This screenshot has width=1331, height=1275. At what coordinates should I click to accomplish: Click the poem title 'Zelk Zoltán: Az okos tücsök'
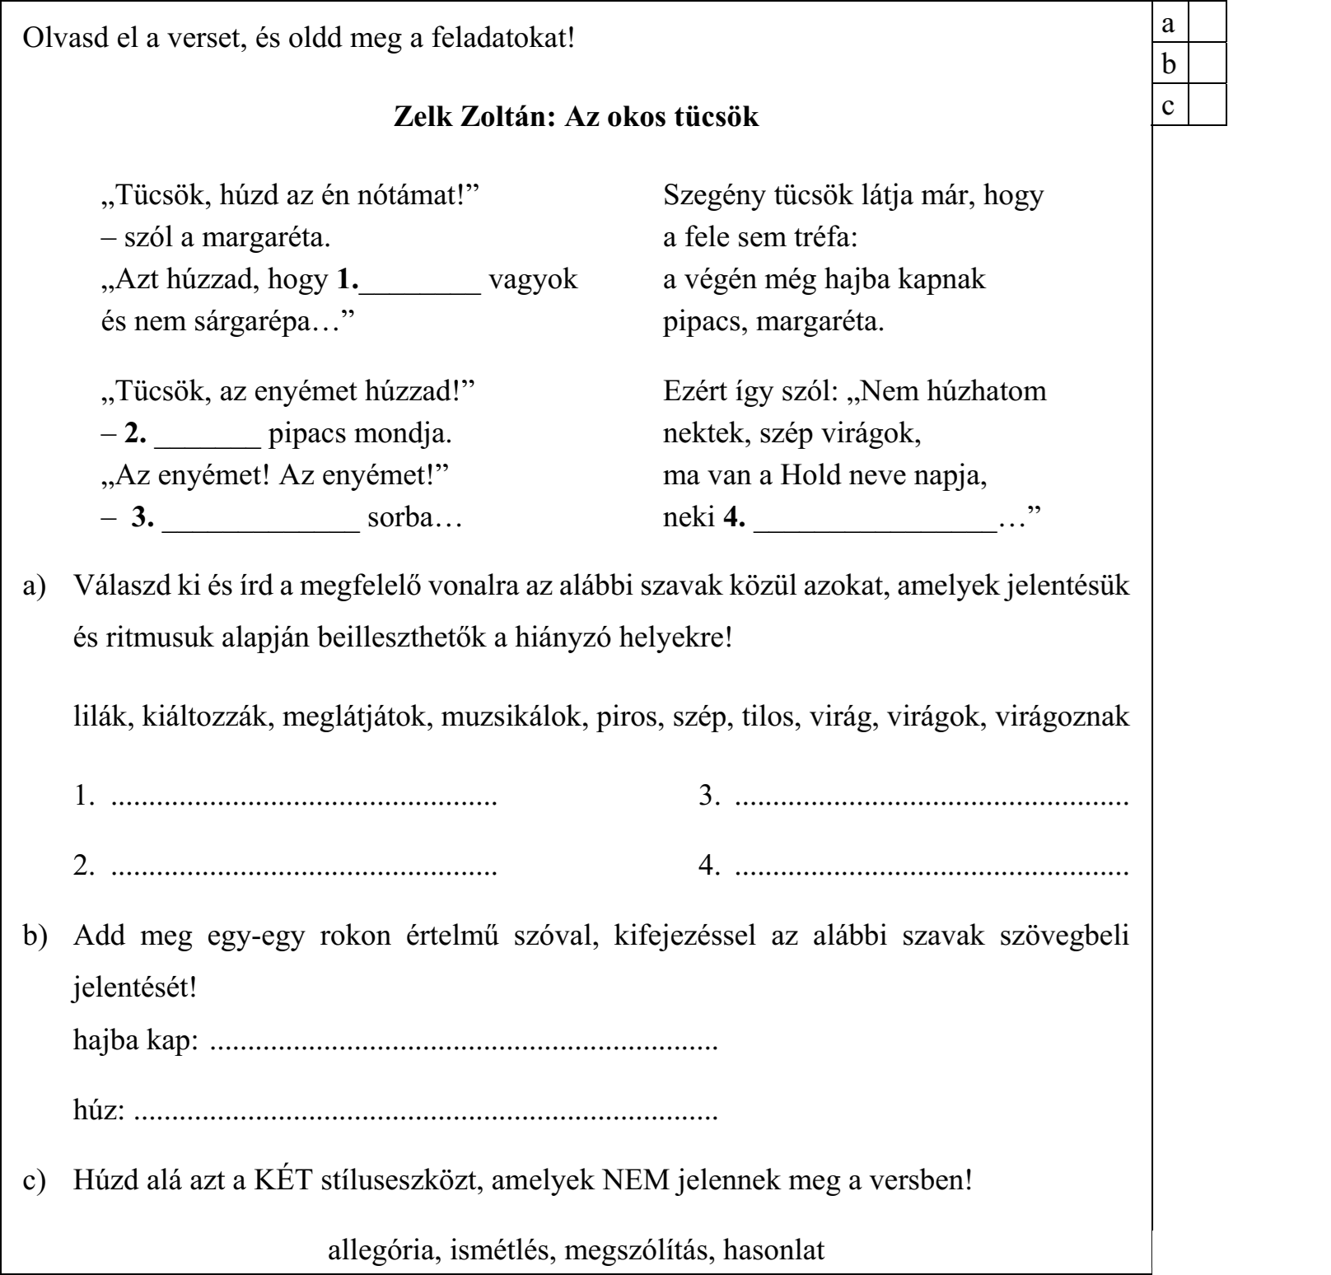pyautogui.click(x=577, y=118)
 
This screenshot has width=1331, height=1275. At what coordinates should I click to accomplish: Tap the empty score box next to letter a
pyautogui.click(x=1207, y=26)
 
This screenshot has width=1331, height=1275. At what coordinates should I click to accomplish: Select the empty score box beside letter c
pyautogui.click(x=1207, y=106)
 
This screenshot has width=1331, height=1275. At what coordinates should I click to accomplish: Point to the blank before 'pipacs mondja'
pyautogui.click(x=208, y=437)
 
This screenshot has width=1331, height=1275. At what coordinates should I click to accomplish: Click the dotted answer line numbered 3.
pyautogui.click(x=931, y=800)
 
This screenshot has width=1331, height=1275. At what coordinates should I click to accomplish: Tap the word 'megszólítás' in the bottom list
pyautogui.click(x=631, y=1250)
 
